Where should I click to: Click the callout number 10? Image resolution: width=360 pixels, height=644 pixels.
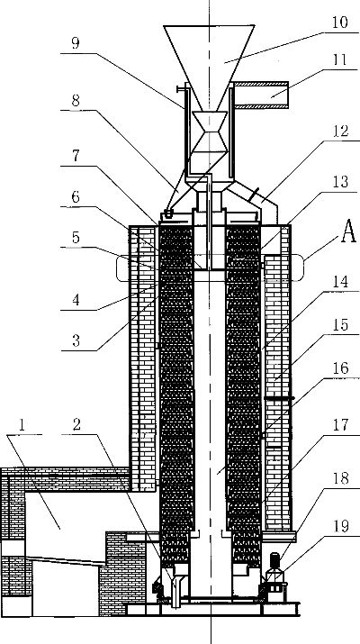pyautogui.click(x=340, y=23)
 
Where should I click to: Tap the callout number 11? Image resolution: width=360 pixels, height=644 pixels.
pyautogui.click(x=339, y=60)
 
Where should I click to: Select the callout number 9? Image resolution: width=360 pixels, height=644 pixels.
pyautogui.click(x=75, y=43)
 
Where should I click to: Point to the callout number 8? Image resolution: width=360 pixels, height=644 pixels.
pyautogui.click(x=76, y=100)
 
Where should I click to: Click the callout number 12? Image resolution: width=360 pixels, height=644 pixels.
pyautogui.click(x=341, y=132)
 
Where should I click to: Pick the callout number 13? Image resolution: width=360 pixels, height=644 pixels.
pyautogui.click(x=340, y=181)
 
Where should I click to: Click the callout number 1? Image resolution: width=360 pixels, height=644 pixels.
pyautogui.click(x=22, y=424)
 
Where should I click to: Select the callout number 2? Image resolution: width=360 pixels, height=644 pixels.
pyautogui.click(x=76, y=424)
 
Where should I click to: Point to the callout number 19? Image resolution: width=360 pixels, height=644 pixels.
pyautogui.click(x=341, y=526)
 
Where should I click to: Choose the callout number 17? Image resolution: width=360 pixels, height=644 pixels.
pyautogui.click(x=341, y=425)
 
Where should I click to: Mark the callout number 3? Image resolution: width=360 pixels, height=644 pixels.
pyautogui.click(x=76, y=340)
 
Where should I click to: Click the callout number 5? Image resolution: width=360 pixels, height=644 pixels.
pyautogui.click(x=76, y=238)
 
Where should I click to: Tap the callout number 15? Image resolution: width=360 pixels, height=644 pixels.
pyautogui.click(x=341, y=324)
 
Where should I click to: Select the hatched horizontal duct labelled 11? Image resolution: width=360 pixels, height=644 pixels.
pyautogui.click(x=261, y=95)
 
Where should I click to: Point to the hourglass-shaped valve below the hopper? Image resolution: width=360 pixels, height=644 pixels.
pyautogui.click(x=210, y=132)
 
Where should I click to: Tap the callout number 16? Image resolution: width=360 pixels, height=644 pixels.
pyautogui.click(x=341, y=368)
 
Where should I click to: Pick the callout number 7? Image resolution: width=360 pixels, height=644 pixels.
pyautogui.click(x=76, y=156)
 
